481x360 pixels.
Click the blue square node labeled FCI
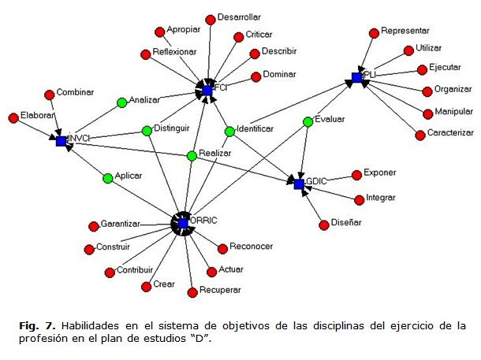[x=207, y=91]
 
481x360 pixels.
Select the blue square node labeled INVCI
[x=61, y=140]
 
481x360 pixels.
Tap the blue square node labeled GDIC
[x=299, y=184]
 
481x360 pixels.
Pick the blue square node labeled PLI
[x=356, y=77]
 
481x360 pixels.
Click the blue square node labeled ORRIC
[x=183, y=224]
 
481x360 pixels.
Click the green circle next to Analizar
[x=121, y=102]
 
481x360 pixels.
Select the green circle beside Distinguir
[x=147, y=131]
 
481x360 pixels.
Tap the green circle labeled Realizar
[x=192, y=156]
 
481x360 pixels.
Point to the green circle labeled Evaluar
[x=308, y=121]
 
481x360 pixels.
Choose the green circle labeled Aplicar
[x=108, y=178]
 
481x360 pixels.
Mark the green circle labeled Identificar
[x=229, y=131]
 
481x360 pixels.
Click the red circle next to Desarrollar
[x=210, y=19]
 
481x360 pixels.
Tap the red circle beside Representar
[x=375, y=32]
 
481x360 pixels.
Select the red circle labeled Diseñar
[x=323, y=225]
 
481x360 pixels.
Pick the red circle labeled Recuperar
[x=192, y=292]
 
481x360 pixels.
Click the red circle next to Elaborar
[x=13, y=117]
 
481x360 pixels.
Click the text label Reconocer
[x=251, y=247]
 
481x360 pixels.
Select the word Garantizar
[x=120, y=225]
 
